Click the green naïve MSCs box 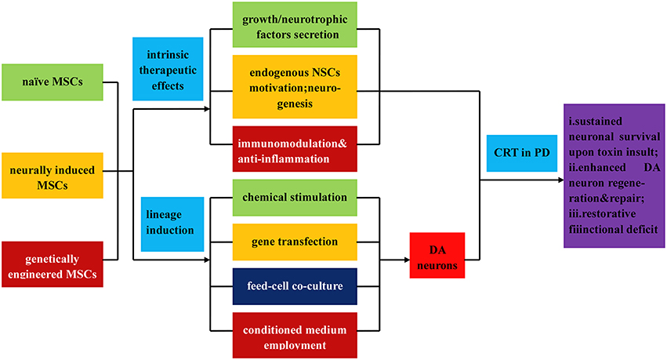pos(52,82)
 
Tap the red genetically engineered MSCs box pos(52,263)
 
